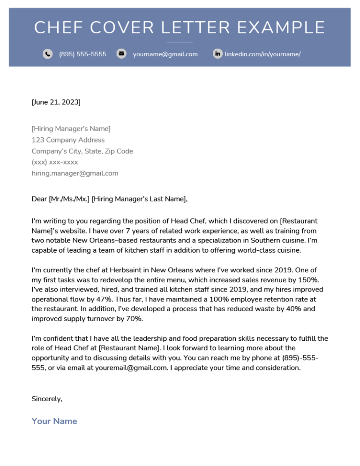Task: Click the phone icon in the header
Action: pos(47,54)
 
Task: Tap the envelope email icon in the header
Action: pos(121,54)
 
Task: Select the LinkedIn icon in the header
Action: pos(217,54)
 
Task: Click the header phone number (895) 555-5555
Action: pos(82,54)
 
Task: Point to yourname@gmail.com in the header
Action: pos(165,54)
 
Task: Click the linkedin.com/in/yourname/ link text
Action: pos(262,54)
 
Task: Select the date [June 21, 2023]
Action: pos(56,102)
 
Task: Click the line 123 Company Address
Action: pos(68,140)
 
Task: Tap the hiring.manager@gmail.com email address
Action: pos(75,173)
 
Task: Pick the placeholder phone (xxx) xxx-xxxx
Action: pos(55,162)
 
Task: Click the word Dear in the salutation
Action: pos(39,199)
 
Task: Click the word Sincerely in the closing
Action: pos(46,399)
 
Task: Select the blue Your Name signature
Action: pos(54,421)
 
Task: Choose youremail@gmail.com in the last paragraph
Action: pos(131,368)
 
